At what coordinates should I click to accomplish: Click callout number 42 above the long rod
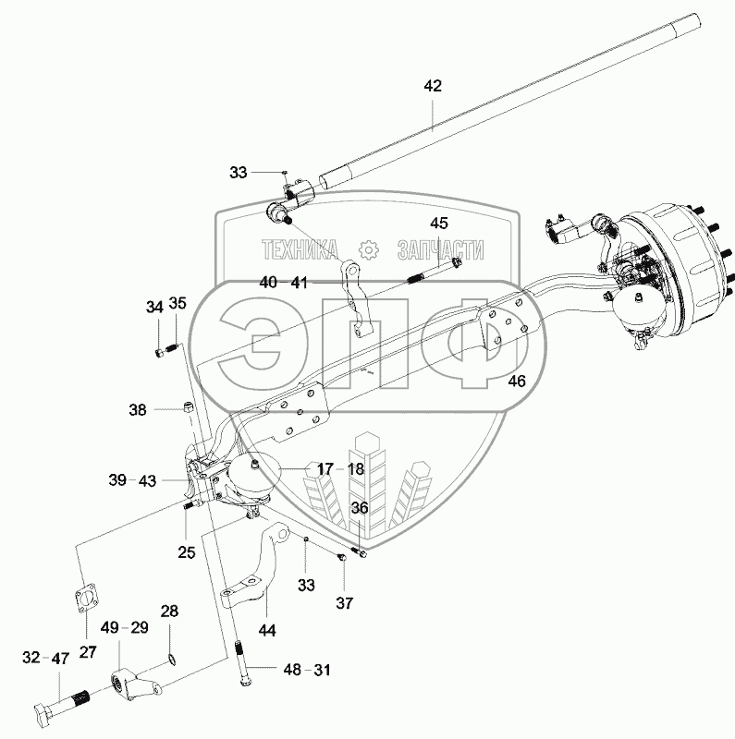pos(433,86)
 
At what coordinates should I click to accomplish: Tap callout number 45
pos(439,223)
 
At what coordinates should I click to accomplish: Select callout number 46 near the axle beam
pos(517,381)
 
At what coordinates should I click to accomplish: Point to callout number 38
pos(138,410)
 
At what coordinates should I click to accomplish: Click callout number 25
pos(187,551)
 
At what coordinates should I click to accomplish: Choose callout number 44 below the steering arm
pos(267,630)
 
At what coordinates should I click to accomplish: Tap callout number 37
pos(344,603)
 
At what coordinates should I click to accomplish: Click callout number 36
pos(360,507)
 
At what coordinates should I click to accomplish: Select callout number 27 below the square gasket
pos(88,652)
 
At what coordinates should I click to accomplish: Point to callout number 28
pos(169,612)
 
